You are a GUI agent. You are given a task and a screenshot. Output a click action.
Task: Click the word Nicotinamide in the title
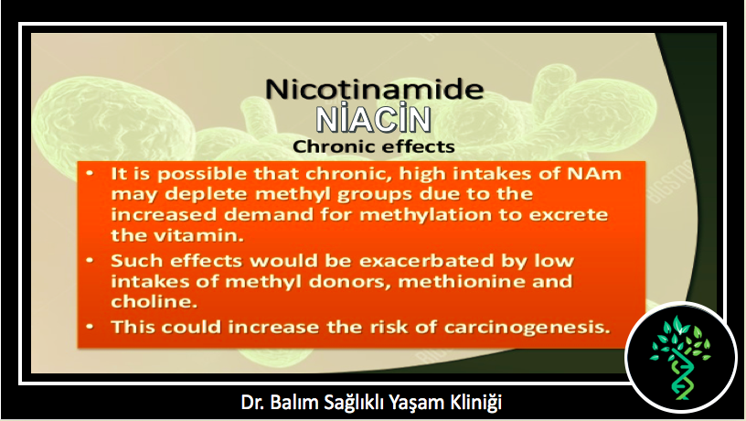pyautogui.click(x=375, y=89)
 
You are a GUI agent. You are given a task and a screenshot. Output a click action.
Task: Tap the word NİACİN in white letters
pyautogui.click(x=374, y=119)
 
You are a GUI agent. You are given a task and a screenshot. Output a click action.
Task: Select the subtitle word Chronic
pyautogui.click(x=335, y=146)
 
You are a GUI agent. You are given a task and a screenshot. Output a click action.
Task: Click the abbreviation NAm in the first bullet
pyautogui.click(x=594, y=173)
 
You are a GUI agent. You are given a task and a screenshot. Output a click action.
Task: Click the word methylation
pyautogui.click(x=425, y=215)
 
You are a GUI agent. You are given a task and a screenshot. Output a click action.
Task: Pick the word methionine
pyautogui.click(x=462, y=282)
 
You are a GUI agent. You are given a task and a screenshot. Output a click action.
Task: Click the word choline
pyautogui.click(x=154, y=301)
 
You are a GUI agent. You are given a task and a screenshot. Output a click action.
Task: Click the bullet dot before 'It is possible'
pyautogui.click(x=90, y=173)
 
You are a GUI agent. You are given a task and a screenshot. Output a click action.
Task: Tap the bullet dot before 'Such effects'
pyautogui.click(x=90, y=261)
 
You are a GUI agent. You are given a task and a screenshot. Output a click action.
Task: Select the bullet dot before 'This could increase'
pyautogui.click(x=90, y=327)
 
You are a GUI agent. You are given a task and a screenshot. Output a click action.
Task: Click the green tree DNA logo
pyautogui.click(x=680, y=358)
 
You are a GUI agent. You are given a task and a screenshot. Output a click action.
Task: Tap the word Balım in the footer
pyautogui.click(x=293, y=403)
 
